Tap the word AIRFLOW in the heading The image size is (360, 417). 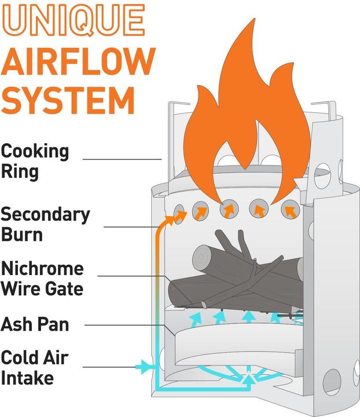coord(78,61)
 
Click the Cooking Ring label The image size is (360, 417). coord(35,162)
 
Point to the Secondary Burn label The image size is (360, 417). coord(45,225)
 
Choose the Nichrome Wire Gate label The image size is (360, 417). coord(42,279)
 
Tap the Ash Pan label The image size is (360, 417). coord(35,325)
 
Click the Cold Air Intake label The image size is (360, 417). coord(35,368)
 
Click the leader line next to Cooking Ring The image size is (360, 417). coord(122,158)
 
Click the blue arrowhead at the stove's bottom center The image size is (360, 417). coord(249,380)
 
